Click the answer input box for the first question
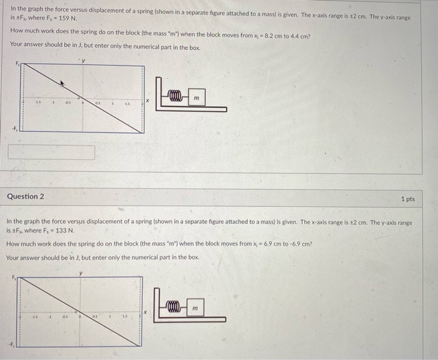(52, 152)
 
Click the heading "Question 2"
(26, 196)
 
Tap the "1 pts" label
(407, 199)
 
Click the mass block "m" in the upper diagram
(196, 99)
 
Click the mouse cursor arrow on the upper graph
(61, 82)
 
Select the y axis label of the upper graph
(83, 61)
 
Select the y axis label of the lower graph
(81, 272)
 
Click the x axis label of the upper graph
(148, 100)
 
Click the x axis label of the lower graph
(146, 311)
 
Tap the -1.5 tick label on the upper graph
(38, 104)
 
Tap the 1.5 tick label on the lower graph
(125, 316)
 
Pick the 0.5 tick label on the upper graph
(98, 104)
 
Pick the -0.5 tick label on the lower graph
(64, 316)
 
